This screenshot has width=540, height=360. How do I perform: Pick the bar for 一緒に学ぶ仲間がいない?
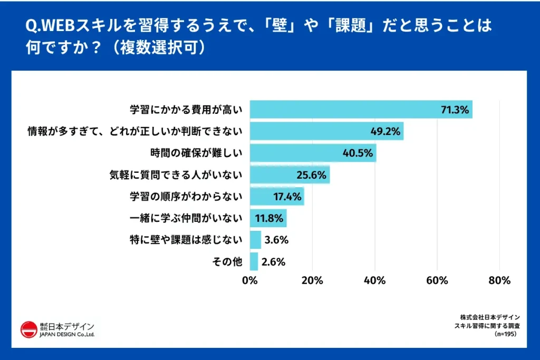pyautogui.click(x=268, y=218)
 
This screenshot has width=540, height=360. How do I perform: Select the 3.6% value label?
pyautogui.click(x=276, y=240)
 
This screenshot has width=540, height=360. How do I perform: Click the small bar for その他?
pyautogui.click(x=254, y=261)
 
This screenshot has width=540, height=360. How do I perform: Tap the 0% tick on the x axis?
pyautogui.click(x=250, y=280)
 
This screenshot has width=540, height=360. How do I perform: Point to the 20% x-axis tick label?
pyautogui.click(x=312, y=280)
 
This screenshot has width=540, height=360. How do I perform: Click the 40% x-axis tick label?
pyautogui.click(x=374, y=280)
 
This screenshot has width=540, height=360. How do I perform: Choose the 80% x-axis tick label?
pyautogui.click(x=499, y=280)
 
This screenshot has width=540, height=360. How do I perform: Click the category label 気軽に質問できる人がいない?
pyautogui.click(x=175, y=175)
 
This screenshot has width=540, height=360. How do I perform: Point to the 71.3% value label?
pyautogui.click(x=455, y=110)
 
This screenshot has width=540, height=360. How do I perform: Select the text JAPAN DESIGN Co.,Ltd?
pyautogui.click(x=67, y=335)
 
